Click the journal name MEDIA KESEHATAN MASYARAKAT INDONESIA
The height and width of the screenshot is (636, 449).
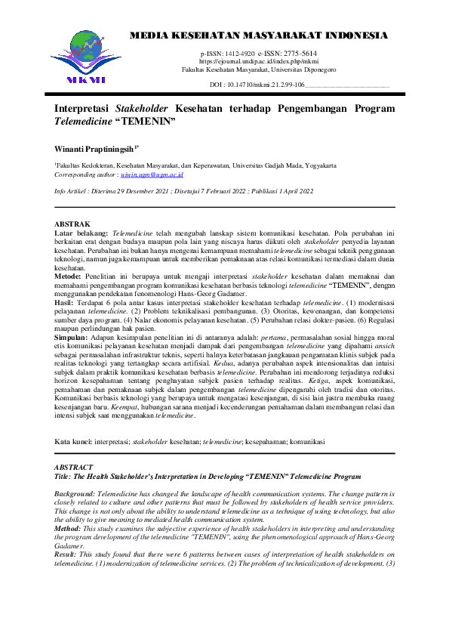click(260, 36)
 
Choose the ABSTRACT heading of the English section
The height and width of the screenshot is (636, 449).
click(75, 467)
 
